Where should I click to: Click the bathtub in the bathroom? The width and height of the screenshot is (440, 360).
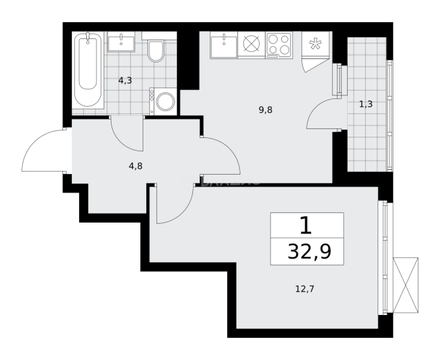88,70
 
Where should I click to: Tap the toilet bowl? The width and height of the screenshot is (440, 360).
156,51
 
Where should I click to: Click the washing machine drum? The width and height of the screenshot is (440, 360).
165,102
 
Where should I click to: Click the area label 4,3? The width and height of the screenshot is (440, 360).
125,80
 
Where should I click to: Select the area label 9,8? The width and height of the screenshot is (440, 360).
266,110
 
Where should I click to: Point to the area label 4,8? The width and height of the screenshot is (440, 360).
135,166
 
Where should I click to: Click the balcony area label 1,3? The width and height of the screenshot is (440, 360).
366,104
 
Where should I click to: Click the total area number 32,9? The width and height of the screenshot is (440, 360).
309,251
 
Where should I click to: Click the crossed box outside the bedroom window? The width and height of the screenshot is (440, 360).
406,285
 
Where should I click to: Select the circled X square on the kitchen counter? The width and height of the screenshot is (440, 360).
251,44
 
